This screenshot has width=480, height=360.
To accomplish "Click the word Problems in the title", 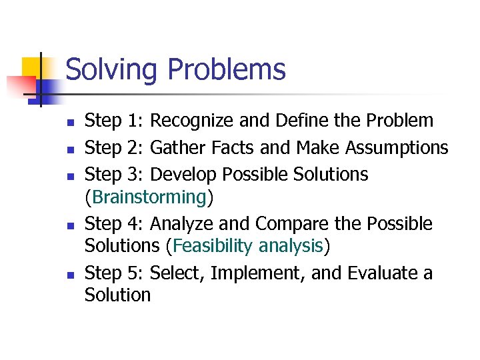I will (x=226, y=70).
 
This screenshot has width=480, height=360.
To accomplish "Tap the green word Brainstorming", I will (x=149, y=197).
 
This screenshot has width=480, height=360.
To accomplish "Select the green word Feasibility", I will (x=213, y=247).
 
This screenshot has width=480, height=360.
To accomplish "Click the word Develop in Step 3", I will (x=184, y=175).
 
